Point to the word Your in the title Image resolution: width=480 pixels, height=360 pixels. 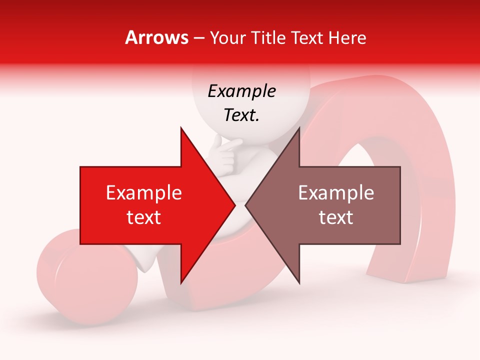point(227,37)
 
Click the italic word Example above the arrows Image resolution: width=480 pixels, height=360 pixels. point(241,91)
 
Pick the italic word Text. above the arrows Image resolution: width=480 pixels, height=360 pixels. point(241,115)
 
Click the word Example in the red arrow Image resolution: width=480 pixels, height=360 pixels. point(143,193)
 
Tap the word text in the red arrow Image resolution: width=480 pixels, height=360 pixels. point(143,217)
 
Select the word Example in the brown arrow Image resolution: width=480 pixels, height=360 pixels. point(336,193)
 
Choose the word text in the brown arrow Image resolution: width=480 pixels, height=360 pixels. point(336,217)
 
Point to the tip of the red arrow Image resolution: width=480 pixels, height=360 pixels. point(234,205)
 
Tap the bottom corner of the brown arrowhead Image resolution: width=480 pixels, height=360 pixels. point(299,282)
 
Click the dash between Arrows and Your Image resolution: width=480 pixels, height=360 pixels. point(198,38)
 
